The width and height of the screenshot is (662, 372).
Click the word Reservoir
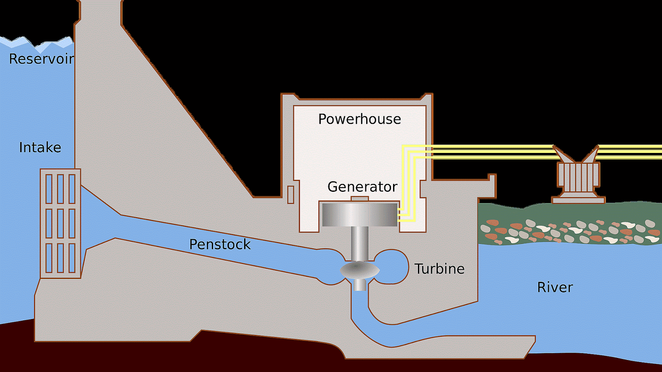tap(41, 59)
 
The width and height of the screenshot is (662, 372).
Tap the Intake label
tap(40, 148)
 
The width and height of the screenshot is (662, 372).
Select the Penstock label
tap(220, 244)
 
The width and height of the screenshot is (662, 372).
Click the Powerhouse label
tap(359, 119)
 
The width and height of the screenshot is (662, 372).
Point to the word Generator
tap(362, 187)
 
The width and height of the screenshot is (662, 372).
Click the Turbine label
tap(439, 269)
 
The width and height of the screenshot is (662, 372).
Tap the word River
tap(555, 287)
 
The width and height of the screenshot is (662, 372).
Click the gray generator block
tap(359, 215)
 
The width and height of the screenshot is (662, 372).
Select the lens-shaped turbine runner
tap(360, 271)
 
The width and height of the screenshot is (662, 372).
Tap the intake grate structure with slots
tap(60, 223)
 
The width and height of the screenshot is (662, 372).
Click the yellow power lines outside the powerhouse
tap(492, 152)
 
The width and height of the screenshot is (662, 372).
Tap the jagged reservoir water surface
tap(37, 42)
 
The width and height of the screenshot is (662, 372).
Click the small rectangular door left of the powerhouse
tap(290, 195)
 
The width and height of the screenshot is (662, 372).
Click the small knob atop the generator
tap(359, 199)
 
